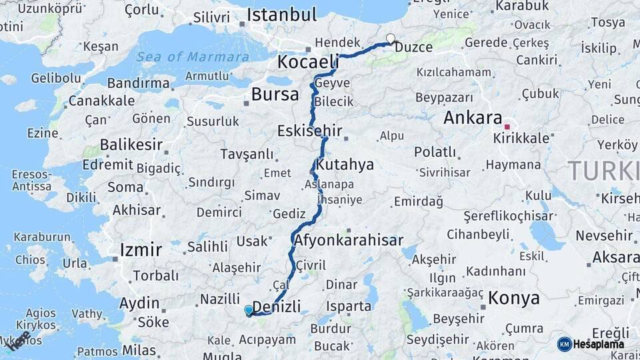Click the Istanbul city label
pos(281,15)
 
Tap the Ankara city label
pos(472,118)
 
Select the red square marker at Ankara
pos(507,126)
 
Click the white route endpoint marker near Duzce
pos(390,39)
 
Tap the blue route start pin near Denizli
pos(249,309)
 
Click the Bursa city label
pos(275,95)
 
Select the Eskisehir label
pos(310,130)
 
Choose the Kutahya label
pos(345,164)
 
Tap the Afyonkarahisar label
pos(349,240)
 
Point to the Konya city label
pos(513,298)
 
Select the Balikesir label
pos(131,145)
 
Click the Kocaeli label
pos(308,62)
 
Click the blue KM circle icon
pos(565,344)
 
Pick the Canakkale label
pos(101,101)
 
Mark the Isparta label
pos(349,307)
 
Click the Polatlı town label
pos(435,152)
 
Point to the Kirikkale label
pos(521,139)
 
